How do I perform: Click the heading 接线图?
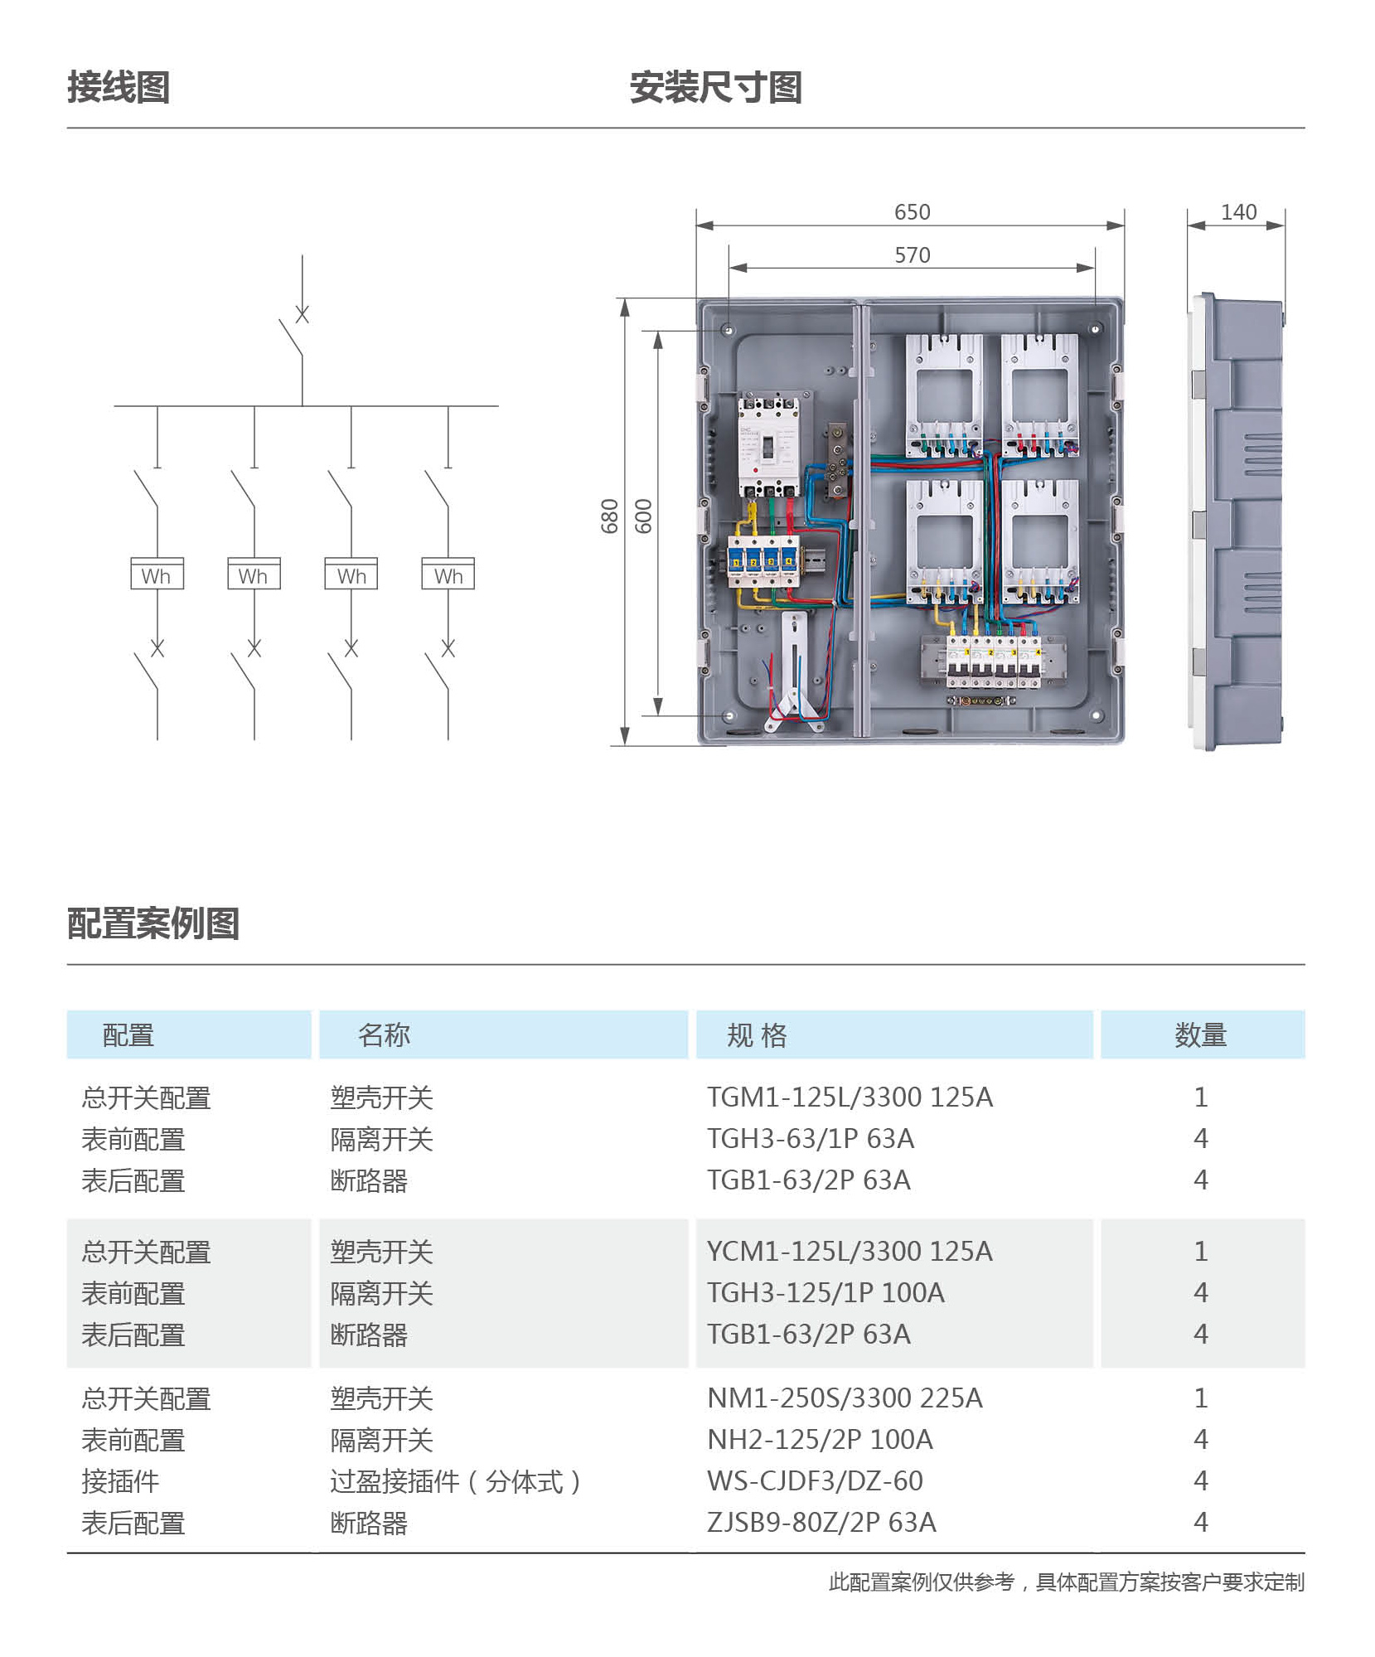point(119,87)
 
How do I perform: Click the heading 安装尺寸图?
point(716,87)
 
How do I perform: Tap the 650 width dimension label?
point(912,212)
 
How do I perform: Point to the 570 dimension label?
point(912,255)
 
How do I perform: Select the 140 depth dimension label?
point(1238,212)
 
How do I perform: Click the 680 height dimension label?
point(610,516)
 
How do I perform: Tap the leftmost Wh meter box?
point(157,574)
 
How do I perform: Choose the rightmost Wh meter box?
point(448,574)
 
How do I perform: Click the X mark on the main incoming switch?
point(303,314)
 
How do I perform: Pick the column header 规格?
point(757,1034)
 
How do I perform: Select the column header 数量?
point(1201,1034)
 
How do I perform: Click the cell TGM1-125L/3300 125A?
point(850,1097)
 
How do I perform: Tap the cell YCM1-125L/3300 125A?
point(850,1252)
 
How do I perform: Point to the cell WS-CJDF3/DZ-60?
point(815,1480)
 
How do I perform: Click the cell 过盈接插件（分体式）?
point(455,1481)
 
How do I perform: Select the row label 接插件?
point(120,1481)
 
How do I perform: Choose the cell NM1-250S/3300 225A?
point(845,1398)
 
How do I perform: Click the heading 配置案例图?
point(153,923)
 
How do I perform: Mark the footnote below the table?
point(1067,1582)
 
